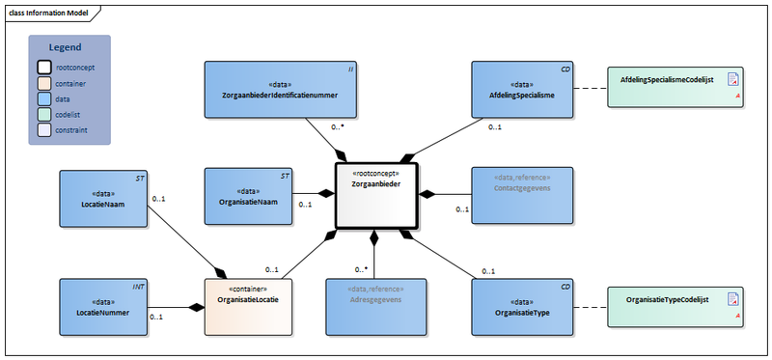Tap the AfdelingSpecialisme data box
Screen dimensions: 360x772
[521, 90]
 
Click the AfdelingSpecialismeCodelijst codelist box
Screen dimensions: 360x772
[674, 90]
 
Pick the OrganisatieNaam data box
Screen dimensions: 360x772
[248, 196]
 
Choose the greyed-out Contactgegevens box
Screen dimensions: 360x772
[521, 196]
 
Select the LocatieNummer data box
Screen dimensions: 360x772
[102, 307]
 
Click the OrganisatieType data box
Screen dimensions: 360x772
[521, 307]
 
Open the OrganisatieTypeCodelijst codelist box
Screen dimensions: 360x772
[674, 307]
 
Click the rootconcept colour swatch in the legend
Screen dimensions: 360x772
[43, 68]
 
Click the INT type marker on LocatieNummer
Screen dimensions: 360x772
[137, 287]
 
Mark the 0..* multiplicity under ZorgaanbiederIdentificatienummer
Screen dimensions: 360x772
[338, 126]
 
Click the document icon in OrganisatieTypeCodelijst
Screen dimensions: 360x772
[732, 299]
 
